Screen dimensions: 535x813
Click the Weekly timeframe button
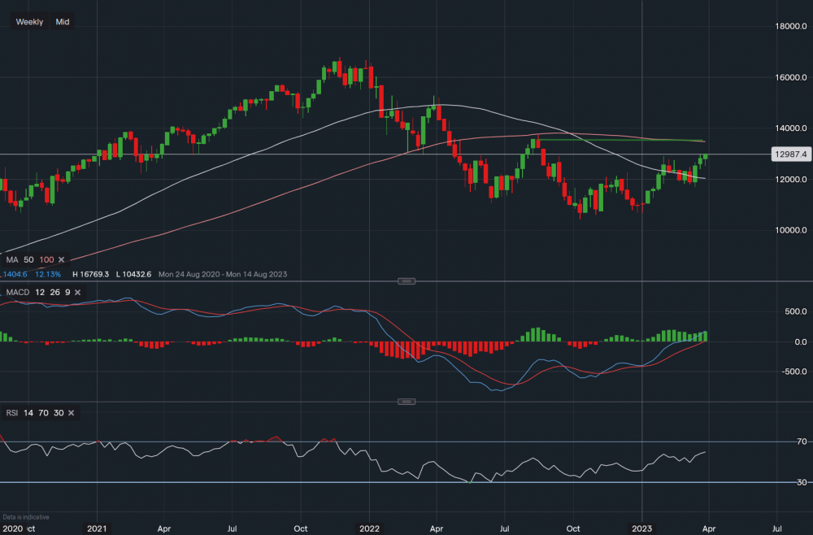point(30,22)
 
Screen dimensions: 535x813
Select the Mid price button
point(63,22)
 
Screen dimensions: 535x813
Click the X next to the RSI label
point(71,413)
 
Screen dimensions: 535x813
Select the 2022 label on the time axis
point(369,527)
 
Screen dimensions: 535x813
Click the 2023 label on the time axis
point(641,527)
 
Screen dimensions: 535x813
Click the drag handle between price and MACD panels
point(406,281)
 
